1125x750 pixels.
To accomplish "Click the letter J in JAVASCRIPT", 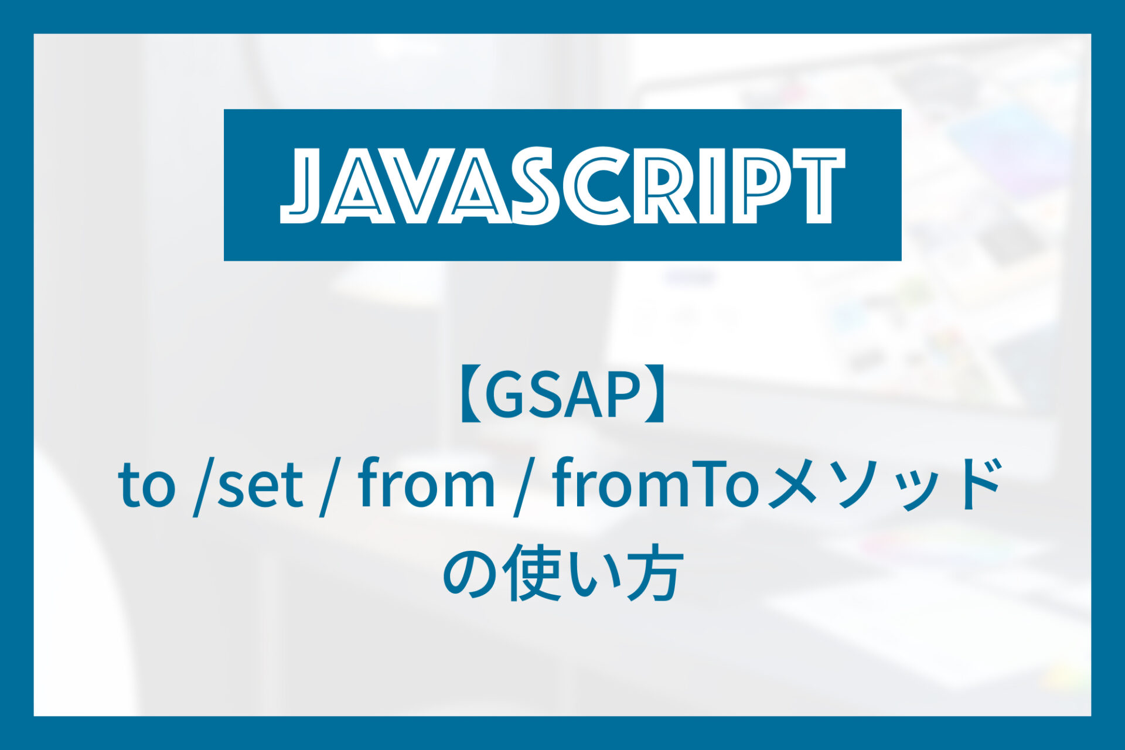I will (301, 186).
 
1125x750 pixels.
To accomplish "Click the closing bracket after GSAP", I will (655, 397).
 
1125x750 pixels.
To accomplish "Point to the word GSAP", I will (561, 397).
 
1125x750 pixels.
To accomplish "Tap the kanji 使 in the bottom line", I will (531, 573).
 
